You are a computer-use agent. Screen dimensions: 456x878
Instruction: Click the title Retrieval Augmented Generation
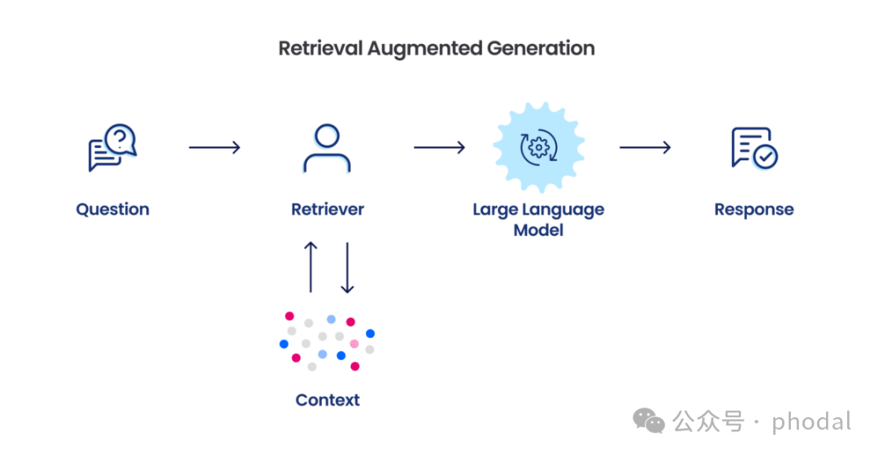437,48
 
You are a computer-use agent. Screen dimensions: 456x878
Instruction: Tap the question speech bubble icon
112,147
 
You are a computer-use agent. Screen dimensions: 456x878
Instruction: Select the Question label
112,209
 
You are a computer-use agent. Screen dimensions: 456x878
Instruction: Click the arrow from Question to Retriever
215,147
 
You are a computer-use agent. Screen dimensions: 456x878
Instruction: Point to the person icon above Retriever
327,148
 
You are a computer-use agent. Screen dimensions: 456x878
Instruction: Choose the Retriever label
327,209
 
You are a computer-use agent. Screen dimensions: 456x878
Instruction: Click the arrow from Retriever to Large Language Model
439,147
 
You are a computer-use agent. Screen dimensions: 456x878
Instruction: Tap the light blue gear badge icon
537,147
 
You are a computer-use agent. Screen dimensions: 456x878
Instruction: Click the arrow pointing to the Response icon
645,147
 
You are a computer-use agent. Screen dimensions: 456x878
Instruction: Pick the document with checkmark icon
754,147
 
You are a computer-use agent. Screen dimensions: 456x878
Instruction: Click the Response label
754,209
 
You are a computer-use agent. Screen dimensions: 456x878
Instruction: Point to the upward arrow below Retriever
311,266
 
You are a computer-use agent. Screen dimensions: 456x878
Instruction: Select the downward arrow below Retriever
347,266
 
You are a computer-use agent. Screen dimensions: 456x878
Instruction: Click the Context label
327,399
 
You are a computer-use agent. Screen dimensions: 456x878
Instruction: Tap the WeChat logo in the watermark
650,420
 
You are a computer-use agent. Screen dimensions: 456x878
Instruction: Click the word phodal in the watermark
811,422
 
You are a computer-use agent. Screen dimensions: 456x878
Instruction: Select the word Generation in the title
541,48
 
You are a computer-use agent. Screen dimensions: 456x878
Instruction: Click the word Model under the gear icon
538,229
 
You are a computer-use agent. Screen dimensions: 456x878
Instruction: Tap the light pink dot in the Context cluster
354,344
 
